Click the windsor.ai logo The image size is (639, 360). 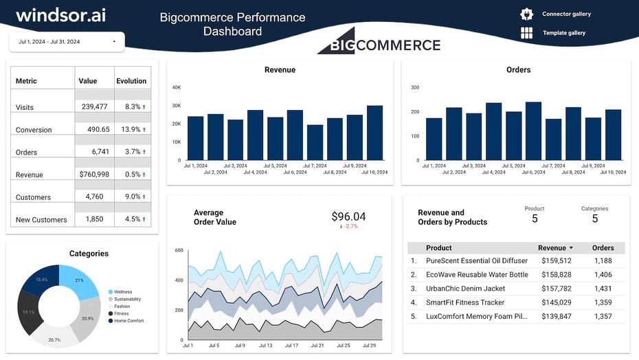pos(60,15)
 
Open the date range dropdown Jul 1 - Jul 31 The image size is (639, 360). pos(67,42)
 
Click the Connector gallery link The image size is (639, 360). pos(566,14)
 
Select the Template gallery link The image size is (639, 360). pos(563,33)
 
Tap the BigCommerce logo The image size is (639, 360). pos(379,43)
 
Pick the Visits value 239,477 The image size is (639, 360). pos(94,107)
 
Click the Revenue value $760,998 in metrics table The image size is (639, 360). pos(94,175)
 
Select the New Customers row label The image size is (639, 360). pos(41,220)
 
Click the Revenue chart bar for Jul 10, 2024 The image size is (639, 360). pos(374,133)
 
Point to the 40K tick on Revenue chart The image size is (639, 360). pos(177,87)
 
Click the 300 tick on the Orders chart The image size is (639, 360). pos(415,87)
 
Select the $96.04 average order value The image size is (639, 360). pos(348,217)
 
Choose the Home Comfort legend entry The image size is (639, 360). pos(128,321)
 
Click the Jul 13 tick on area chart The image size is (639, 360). pos(265,346)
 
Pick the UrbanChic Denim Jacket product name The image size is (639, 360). pos(465,289)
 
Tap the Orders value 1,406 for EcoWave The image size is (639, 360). pos(603,275)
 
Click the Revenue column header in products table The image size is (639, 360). pos(552,248)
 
